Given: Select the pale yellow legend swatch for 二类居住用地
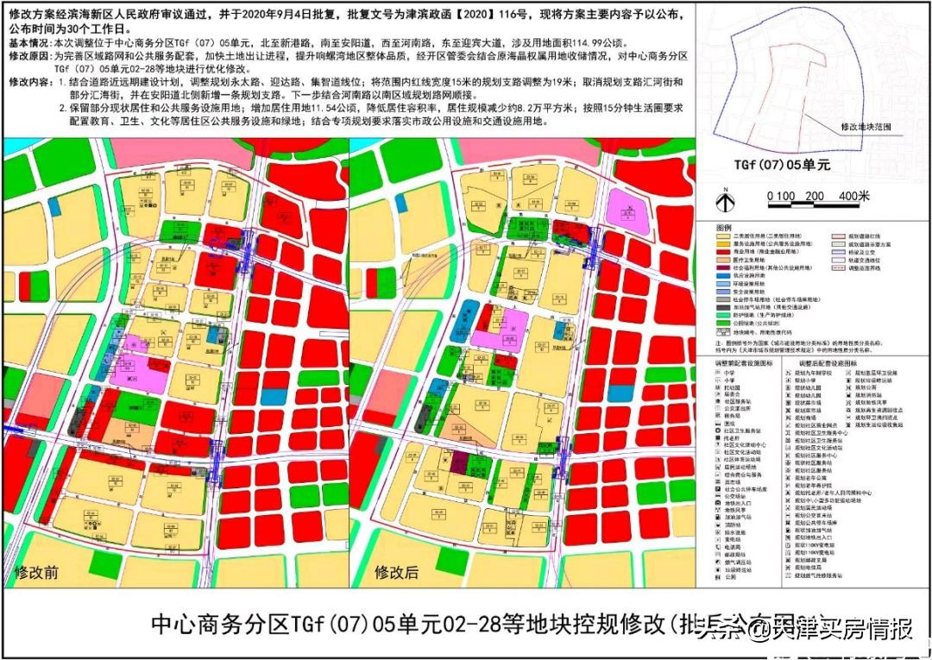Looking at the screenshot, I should (722, 235).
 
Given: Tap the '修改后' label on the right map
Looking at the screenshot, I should (396, 572).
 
